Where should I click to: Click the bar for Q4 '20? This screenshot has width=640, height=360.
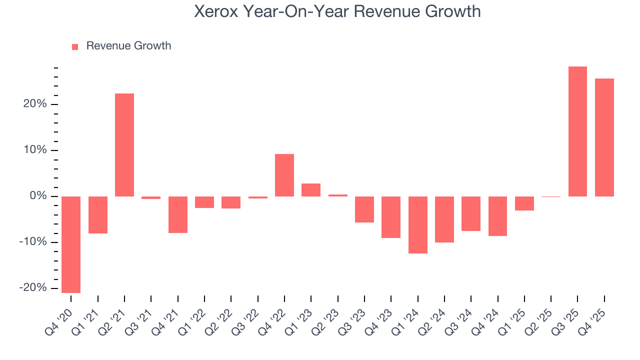(x=71, y=244)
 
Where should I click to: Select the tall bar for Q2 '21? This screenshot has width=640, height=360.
(x=124, y=145)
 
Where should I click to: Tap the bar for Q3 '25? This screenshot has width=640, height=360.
(x=577, y=131)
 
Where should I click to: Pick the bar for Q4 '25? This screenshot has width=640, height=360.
(x=604, y=137)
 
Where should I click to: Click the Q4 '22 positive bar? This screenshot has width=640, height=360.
(x=284, y=175)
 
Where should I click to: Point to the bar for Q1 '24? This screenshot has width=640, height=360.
(x=418, y=225)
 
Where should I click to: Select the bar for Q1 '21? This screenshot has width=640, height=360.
(x=98, y=215)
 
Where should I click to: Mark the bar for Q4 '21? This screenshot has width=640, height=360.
(x=178, y=214)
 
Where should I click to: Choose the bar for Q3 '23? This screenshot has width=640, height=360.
(x=364, y=209)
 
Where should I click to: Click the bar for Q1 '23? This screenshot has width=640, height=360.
(x=311, y=190)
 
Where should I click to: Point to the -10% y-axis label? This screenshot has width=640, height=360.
(x=34, y=242)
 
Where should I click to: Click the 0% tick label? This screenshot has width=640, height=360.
(x=39, y=196)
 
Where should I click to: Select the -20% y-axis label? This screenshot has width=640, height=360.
(x=34, y=288)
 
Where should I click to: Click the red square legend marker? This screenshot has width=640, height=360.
(x=75, y=46)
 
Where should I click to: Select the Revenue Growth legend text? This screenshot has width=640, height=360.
(x=128, y=46)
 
